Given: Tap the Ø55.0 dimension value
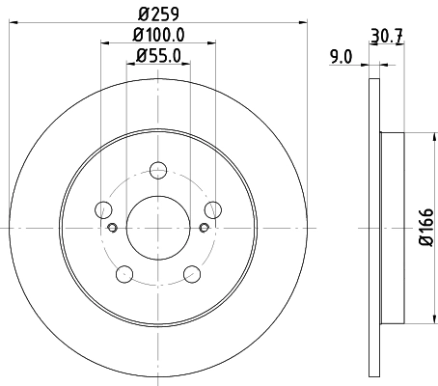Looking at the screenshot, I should pyautogui.click(x=157, y=56).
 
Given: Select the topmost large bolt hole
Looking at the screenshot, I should pyautogui.click(x=157, y=172).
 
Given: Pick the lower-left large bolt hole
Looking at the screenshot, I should pyautogui.click(x=124, y=273).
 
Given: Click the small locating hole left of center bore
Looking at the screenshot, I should pyautogui.click(x=112, y=228).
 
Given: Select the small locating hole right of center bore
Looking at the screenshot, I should pyautogui.click(x=203, y=228).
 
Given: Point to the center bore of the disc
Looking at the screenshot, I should pyautogui.click(x=157, y=228).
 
